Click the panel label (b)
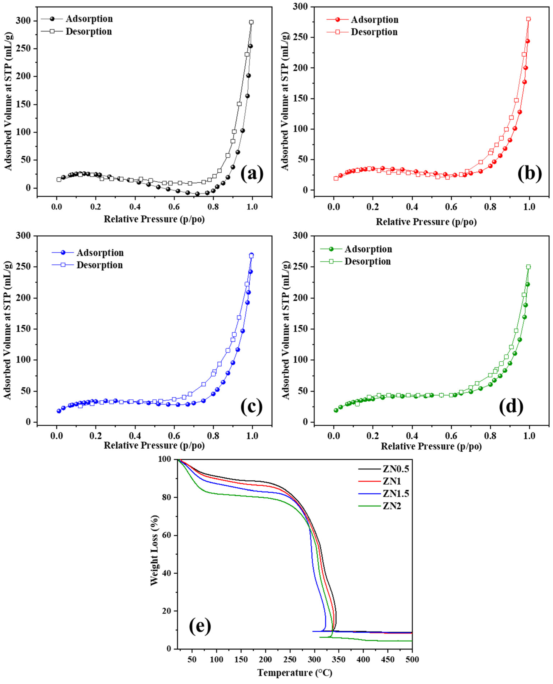[529, 174]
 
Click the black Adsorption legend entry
[89, 19]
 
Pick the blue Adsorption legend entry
[100, 253]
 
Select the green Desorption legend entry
[367, 261]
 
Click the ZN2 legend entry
[391, 506]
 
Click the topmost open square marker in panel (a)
[251, 22]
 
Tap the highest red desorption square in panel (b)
[529, 19]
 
